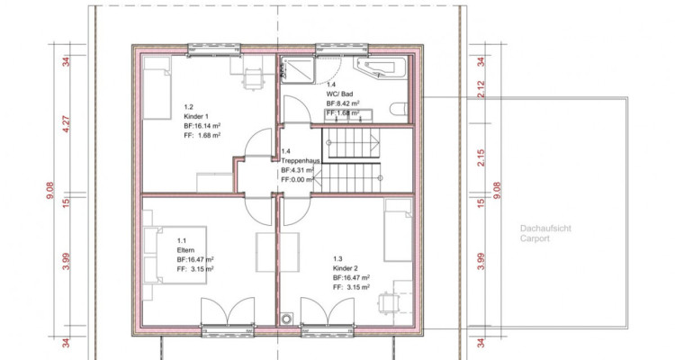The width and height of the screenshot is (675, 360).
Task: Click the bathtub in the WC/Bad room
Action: pyautogui.click(x=380, y=67)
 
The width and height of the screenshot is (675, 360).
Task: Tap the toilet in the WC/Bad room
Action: pyautogui.click(x=399, y=109)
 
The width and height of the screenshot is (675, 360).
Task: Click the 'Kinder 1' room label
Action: pyautogui.click(x=196, y=116)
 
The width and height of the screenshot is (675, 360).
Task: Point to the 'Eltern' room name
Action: pyautogui.click(x=185, y=250)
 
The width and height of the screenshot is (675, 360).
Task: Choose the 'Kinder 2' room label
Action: pyautogui.click(x=346, y=268)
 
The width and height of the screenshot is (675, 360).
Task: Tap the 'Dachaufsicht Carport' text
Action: pyautogui.click(x=545, y=233)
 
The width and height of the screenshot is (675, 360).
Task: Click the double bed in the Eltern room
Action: pyautogui.click(x=175, y=255)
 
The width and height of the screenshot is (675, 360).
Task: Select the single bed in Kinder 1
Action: pyautogui.click(x=157, y=88)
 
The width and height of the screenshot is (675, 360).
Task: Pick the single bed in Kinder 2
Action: pyautogui.click(x=398, y=230)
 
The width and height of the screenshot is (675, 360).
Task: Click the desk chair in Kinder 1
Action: pyautogui.click(x=253, y=79)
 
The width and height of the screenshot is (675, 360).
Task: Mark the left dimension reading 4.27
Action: pyautogui.click(x=67, y=123)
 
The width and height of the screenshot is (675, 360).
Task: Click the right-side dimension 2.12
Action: pyautogui.click(x=481, y=89)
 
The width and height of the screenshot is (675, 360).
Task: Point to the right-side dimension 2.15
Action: pyautogui.click(x=481, y=157)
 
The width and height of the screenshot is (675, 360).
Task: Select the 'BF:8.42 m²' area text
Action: pyautogui.click(x=343, y=103)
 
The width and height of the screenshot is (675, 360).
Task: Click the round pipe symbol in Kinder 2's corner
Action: pyautogui.click(x=286, y=319)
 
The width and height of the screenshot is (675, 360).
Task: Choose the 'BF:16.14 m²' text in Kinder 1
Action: pyautogui.click(x=202, y=126)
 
